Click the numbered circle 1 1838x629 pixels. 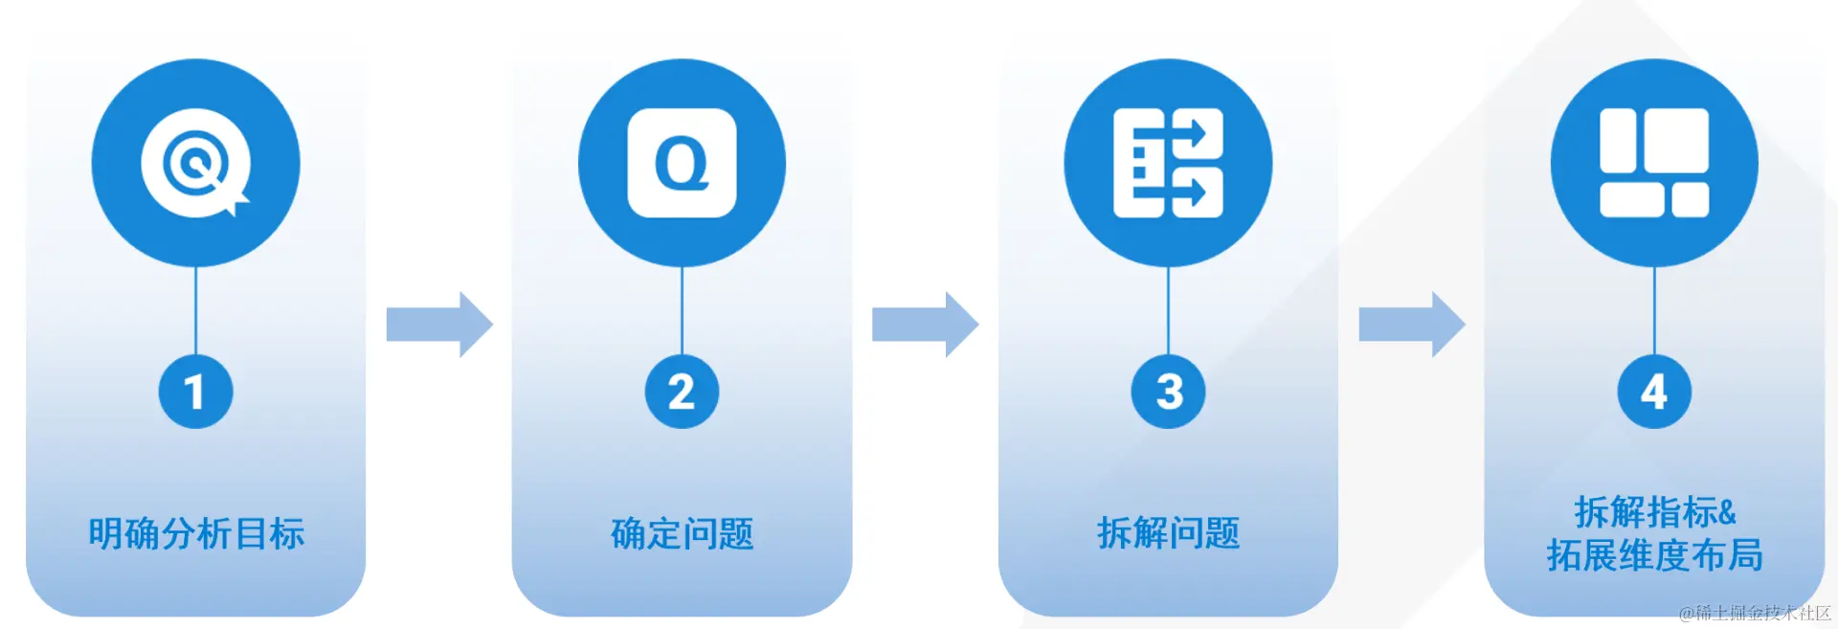pyautogui.click(x=195, y=392)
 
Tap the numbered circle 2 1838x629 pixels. pyautogui.click(x=682, y=392)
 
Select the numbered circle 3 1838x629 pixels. pyautogui.click(x=1168, y=392)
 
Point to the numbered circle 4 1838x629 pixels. pyautogui.click(x=1654, y=392)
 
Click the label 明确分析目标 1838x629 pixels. pyautogui.click(x=196, y=533)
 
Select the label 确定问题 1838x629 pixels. pyautogui.click(x=682, y=533)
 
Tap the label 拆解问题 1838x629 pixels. pyautogui.click(x=1168, y=533)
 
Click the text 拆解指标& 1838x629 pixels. pyautogui.click(x=1654, y=512)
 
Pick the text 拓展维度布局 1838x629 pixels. pyautogui.click(x=1654, y=555)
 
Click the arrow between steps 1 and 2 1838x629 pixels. pyautogui.click(x=439, y=325)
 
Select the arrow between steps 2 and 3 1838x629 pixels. pyautogui.click(x=925, y=325)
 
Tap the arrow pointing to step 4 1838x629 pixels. pyautogui.click(x=1411, y=325)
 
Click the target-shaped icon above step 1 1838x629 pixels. pyautogui.click(x=195, y=163)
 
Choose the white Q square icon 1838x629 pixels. pyautogui.click(x=682, y=163)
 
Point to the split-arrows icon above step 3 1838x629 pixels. pyautogui.click(x=1168, y=163)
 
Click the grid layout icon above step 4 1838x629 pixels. pyautogui.click(x=1654, y=163)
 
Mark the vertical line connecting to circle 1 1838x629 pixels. pyautogui.click(x=195, y=310)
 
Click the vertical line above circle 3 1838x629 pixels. pyautogui.click(x=1168, y=310)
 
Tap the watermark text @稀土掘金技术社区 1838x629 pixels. pyautogui.click(x=1755, y=613)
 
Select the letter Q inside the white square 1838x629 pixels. pyautogui.click(x=682, y=164)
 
